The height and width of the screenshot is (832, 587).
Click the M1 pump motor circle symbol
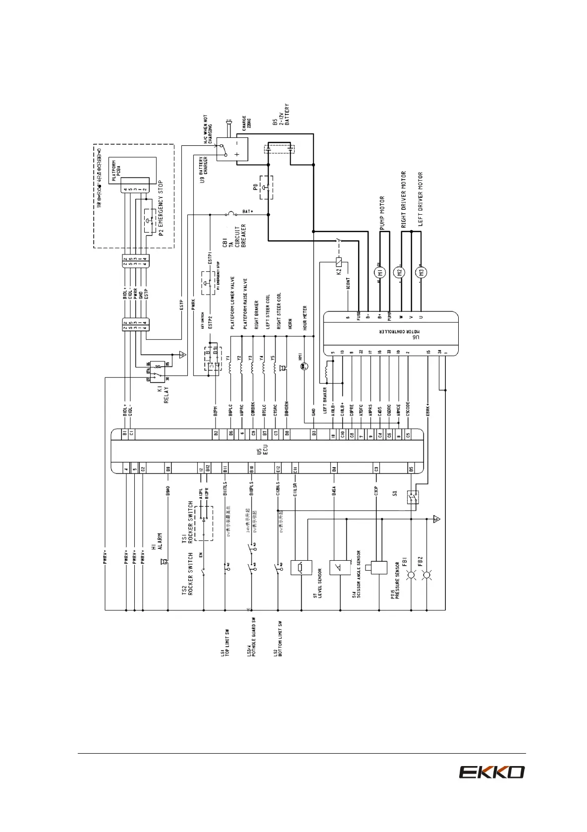point(380,272)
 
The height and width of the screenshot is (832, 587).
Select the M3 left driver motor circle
point(422,272)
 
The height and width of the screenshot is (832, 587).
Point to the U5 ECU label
point(262,450)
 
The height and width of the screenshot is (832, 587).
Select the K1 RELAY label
point(163,392)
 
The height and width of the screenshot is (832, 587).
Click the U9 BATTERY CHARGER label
point(205,170)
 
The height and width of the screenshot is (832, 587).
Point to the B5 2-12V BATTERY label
point(281,114)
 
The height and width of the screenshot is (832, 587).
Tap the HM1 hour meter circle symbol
point(305,366)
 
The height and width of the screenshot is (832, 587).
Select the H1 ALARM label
point(157,542)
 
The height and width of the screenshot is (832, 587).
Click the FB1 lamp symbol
point(411,575)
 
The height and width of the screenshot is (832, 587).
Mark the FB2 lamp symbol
point(427,575)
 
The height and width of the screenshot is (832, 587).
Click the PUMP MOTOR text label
point(382,213)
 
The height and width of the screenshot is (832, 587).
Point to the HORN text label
point(290,324)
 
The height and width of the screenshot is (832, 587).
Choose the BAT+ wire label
point(248,212)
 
